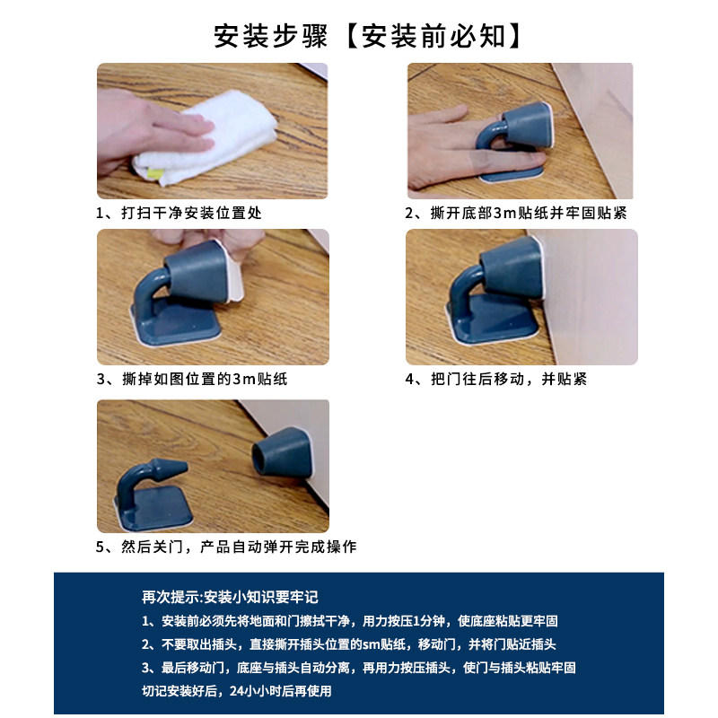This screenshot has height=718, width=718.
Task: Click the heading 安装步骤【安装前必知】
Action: [367, 36]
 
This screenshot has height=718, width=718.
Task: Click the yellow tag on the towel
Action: [154, 173]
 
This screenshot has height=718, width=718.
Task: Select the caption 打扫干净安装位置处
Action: [179, 213]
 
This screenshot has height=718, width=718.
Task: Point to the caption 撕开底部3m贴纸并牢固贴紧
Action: [515, 213]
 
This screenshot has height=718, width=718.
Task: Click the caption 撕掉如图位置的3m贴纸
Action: [192, 379]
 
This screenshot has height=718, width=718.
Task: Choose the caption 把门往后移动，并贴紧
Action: [496, 379]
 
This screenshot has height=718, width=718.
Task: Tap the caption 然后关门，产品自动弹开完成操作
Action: [226, 547]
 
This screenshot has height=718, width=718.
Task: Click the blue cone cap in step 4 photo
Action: [512, 267]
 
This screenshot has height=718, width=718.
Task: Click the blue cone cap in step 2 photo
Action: [527, 125]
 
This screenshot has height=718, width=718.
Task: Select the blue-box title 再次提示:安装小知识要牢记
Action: [230, 597]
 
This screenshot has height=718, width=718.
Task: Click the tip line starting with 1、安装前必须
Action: [350, 621]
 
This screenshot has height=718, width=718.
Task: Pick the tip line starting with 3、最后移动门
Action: [358, 668]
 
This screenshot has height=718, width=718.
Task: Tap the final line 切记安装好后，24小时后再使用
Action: [237, 690]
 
